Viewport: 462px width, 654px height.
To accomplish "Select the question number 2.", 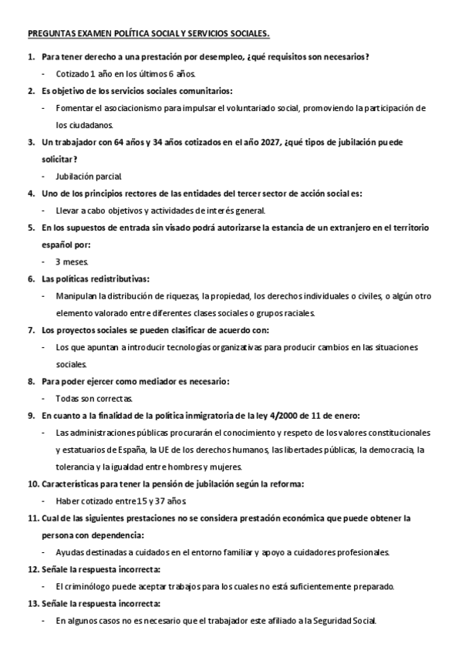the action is [31, 91].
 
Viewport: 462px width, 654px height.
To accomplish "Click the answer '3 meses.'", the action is [72, 261].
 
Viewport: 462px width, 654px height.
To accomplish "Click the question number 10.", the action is [33, 484].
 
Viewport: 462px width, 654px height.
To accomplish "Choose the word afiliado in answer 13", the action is [286, 620].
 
